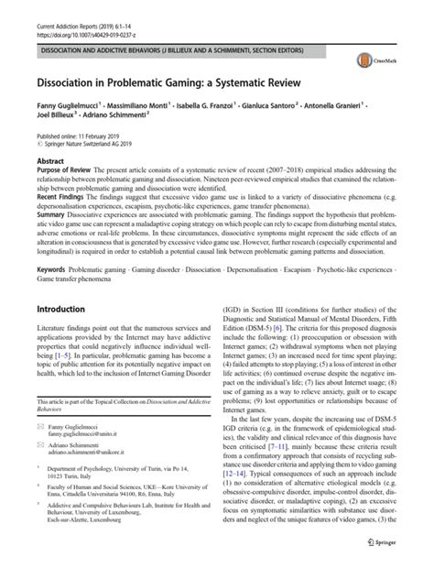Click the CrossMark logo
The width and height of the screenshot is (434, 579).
[392, 60]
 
